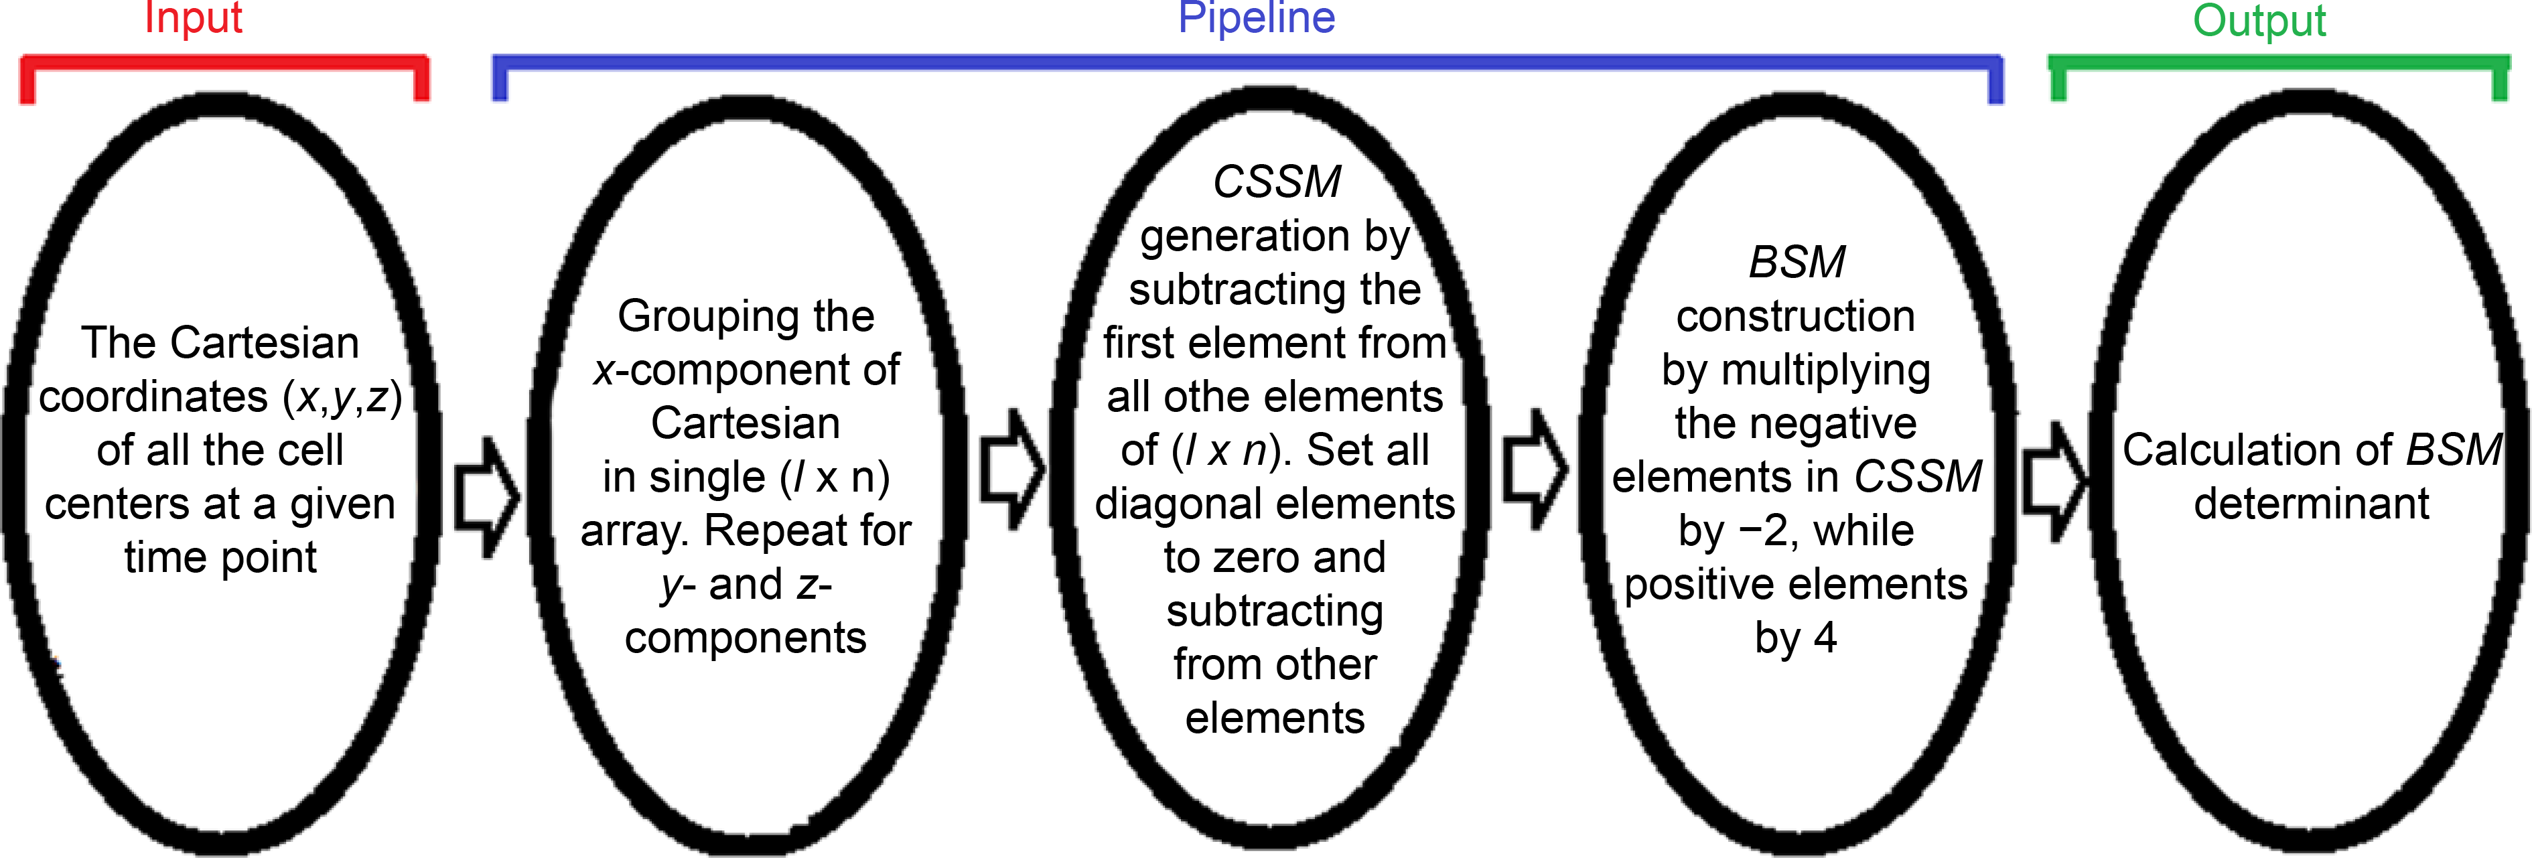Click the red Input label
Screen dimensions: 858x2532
click(193, 17)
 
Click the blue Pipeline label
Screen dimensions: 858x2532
click(1256, 17)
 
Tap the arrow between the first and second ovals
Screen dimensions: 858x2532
click(486, 497)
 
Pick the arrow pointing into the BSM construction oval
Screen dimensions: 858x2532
click(1535, 470)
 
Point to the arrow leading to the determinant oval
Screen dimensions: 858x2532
click(2053, 482)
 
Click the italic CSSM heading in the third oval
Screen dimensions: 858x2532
click(1276, 182)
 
